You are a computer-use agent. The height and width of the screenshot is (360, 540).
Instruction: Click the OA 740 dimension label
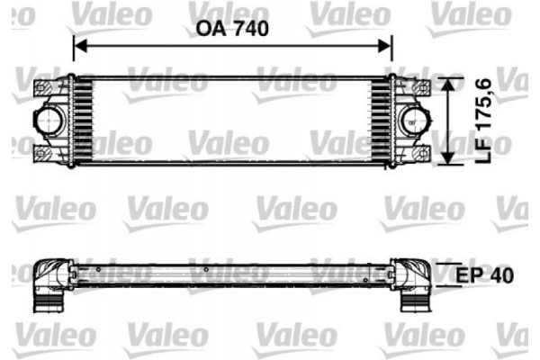point(233,28)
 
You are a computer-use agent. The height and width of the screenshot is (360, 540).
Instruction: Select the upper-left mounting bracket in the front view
point(45,88)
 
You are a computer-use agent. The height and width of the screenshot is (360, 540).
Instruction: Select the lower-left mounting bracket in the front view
point(45,151)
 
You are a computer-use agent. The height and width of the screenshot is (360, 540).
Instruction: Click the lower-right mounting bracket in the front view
point(419,151)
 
